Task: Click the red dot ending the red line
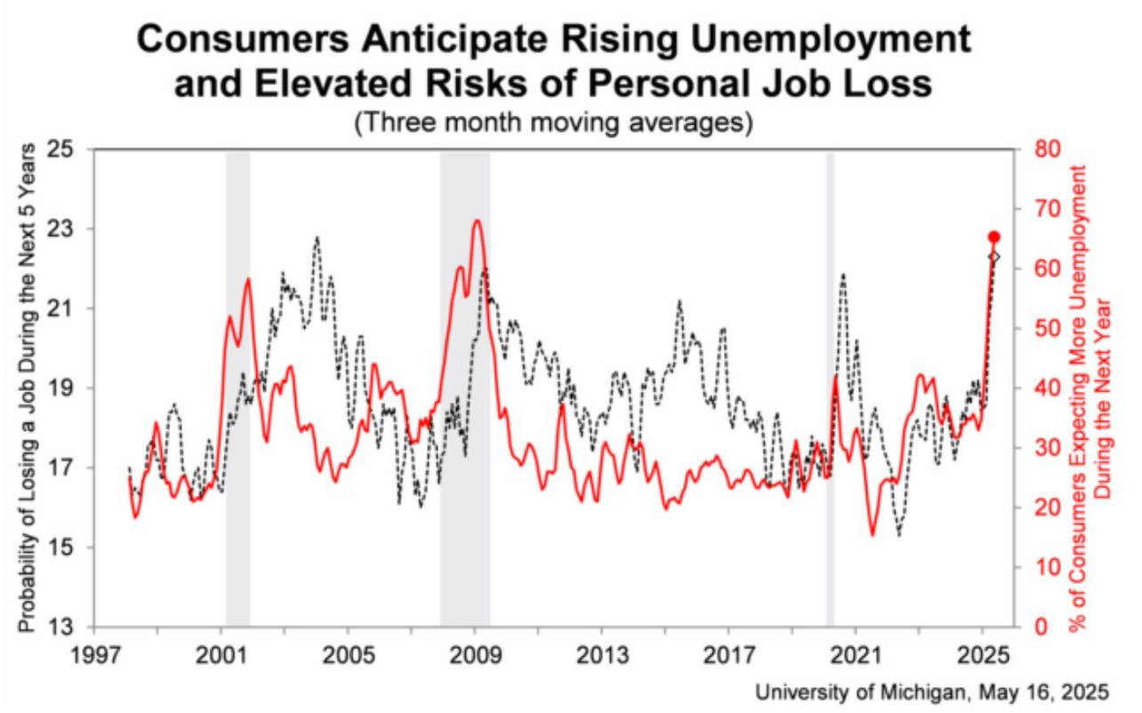point(994,237)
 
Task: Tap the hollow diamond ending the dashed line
point(994,256)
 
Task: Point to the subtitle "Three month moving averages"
point(552,122)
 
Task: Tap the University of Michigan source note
point(932,693)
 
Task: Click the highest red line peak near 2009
point(478,221)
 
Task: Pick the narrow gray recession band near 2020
point(831,388)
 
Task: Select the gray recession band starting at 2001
point(237,388)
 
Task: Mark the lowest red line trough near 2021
point(873,534)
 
